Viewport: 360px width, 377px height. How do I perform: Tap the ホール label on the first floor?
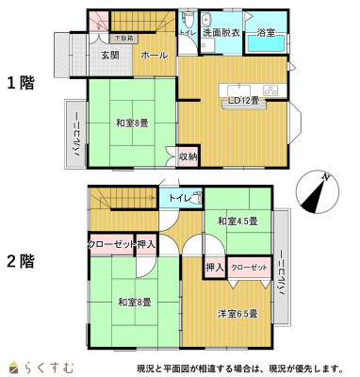(x=155, y=56)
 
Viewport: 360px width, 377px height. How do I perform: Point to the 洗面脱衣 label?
(x=221, y=33)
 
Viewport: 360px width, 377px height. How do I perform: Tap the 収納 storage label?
(x=188, y=156)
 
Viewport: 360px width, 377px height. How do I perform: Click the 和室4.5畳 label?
(x=237, y=221)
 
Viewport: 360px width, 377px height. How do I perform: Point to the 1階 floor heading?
(x=22, y=83)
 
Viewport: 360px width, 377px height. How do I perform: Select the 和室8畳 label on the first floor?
(x=134, y=123)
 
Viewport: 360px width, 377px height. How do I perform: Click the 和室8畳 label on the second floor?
(x=134, y=302)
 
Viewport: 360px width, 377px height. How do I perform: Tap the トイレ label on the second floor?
(x=180, y=198)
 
